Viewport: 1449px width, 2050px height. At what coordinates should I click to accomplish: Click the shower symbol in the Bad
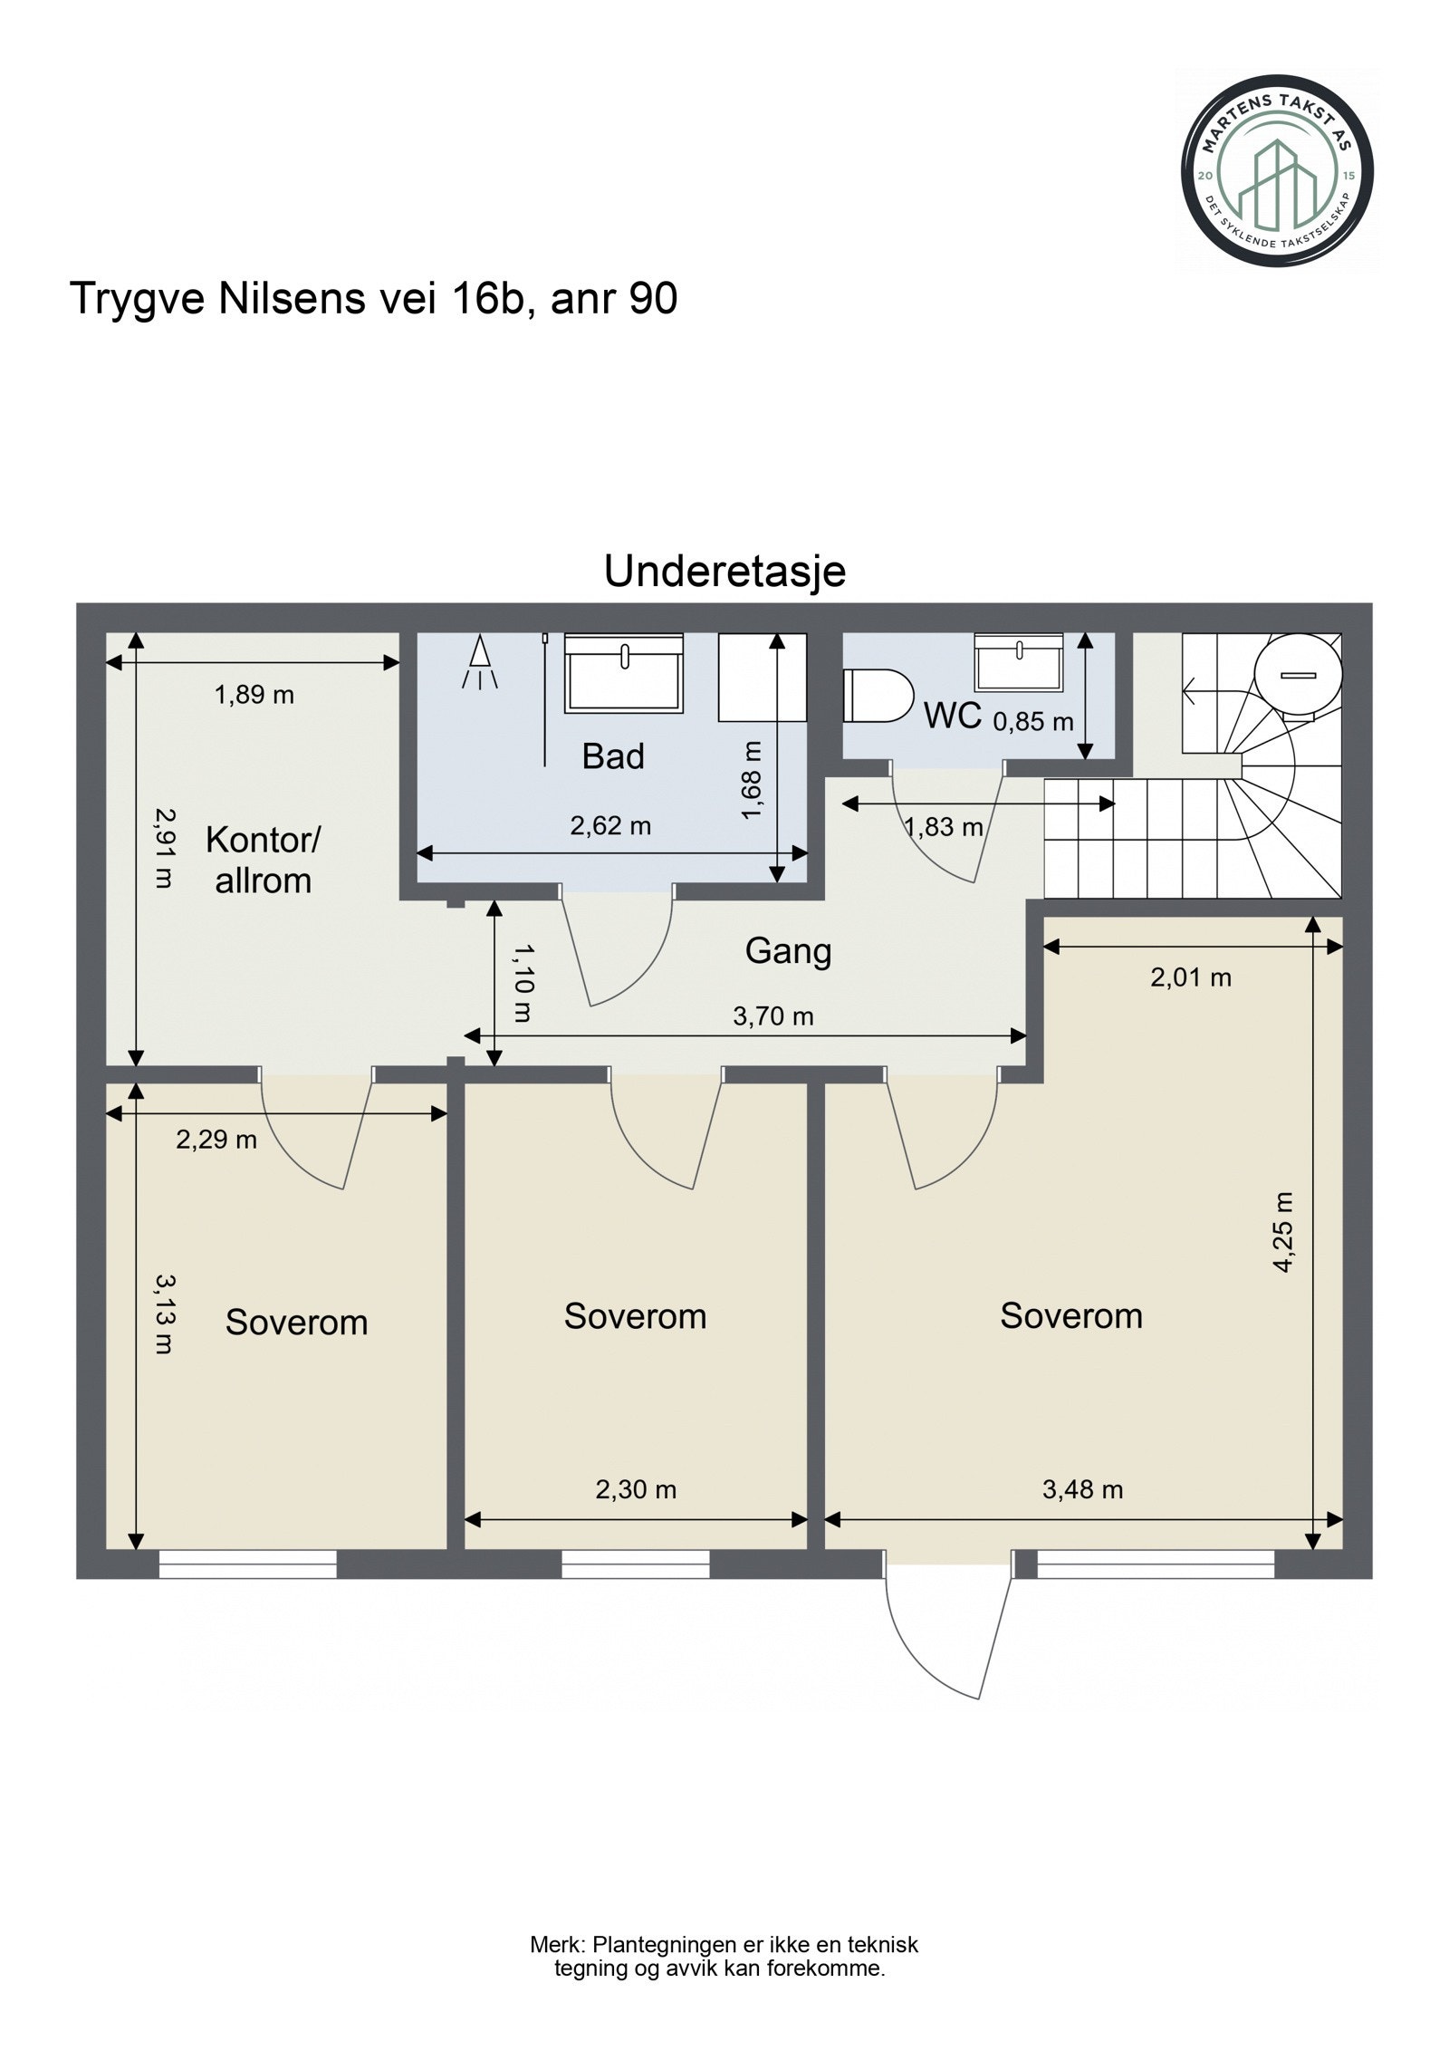tap(478, 662)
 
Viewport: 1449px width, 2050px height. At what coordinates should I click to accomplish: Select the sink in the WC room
tap(1019, 660)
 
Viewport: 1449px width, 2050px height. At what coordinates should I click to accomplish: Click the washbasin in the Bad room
tap(624, 672)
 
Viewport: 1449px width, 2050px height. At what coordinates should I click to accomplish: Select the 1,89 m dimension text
tap(254, 695)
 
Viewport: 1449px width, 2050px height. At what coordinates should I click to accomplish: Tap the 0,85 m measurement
tap(1033, 722)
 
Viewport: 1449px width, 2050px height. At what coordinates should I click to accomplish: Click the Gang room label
tap(788, 952)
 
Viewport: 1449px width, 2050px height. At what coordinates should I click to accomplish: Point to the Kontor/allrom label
tap(263, 860)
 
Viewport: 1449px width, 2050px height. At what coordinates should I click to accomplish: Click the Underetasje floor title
tap(724, 572)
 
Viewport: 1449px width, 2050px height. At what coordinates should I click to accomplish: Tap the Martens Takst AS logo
tap(1278, 169)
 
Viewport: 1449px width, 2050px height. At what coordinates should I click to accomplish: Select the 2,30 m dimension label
tap(636, 1489)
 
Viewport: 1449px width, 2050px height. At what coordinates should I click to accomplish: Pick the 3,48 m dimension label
tap(1082, 1489)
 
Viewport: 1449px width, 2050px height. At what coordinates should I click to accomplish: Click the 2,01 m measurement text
tap(1191, 977)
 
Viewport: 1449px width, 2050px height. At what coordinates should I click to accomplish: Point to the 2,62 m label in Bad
tap(610, 825)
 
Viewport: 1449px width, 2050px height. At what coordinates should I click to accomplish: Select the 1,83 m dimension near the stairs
tap(943, 826)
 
